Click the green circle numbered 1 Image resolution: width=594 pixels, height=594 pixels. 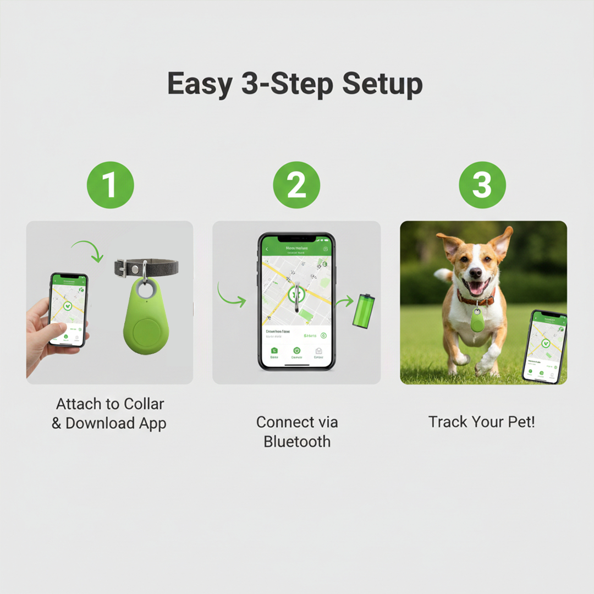[x=110, y=185]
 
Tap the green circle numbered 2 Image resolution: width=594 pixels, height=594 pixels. [x=296, y=185]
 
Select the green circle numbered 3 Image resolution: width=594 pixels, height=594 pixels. [x=482, y=185]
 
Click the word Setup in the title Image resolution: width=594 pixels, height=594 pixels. [x=382, y=84]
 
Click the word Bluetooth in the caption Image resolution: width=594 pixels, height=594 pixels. [x=297, y=441]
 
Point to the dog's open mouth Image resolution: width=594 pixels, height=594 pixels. [x=476, y=287]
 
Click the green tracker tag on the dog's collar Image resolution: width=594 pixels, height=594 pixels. [x=477, y=322]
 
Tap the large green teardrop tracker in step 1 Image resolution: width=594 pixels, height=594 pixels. [x=146, y=322]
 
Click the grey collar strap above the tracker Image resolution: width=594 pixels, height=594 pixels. [x=159, y=268]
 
